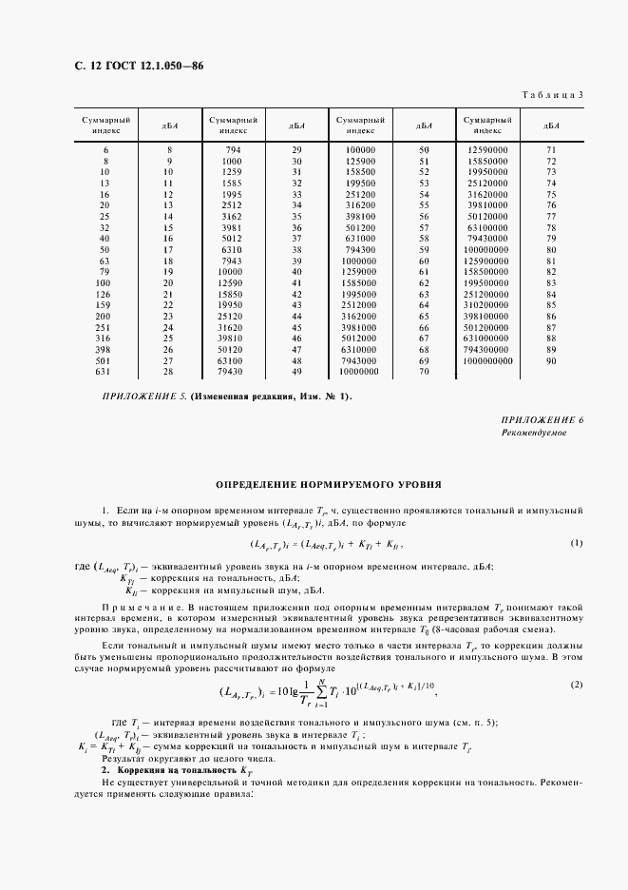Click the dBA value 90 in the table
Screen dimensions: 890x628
[x=551, y=361]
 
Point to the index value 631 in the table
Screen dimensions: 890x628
[x=105, y=372]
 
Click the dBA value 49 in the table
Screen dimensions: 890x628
[x=296, y=372]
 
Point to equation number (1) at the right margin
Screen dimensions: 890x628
[x=576, y=543]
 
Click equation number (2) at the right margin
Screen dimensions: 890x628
[x=576, y=685]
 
